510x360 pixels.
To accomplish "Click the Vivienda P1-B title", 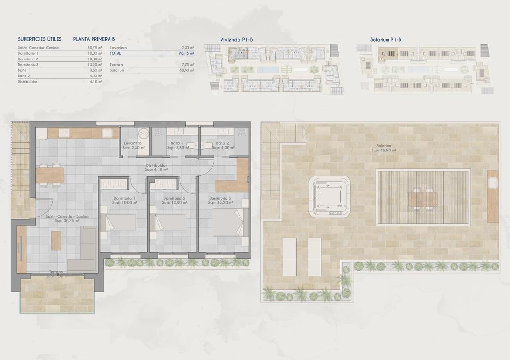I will click(x=237, y=40).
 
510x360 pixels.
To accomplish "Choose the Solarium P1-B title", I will click(x=386, y=40).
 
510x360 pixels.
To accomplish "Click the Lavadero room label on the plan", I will click(x=133, y=143).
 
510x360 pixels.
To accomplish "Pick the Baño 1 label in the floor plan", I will click(x=177, y=143).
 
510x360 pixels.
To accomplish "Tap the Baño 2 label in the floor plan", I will click(x=222, y=143).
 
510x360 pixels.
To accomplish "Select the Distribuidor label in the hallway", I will click(x=155, y=166).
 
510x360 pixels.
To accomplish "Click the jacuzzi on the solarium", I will click(x=329, y=196).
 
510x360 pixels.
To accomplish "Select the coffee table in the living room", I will click(x=56, y=240).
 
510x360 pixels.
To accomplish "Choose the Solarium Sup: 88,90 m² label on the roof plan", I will click(x=383, y=148).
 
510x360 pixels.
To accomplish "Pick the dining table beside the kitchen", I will click(x=50, y=175).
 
